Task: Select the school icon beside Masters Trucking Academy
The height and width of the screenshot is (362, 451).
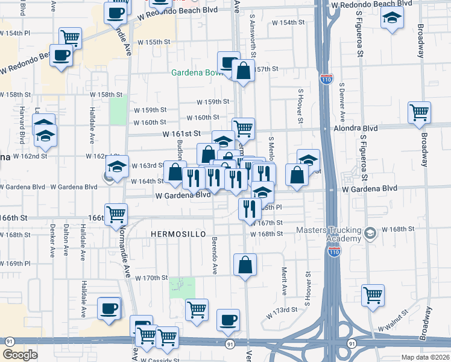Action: tap(370, 232)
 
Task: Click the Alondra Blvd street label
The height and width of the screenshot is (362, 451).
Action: tap(356, 129)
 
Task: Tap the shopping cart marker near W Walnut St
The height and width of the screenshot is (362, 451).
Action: tap(373, 296)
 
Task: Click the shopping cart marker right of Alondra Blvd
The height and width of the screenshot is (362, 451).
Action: tap(420, 112)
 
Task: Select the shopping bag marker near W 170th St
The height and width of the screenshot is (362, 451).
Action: tap(245, 265)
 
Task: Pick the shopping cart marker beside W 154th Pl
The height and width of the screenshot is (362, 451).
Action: tap(71, 38)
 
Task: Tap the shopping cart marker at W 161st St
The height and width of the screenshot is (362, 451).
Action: tap(243, 128)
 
